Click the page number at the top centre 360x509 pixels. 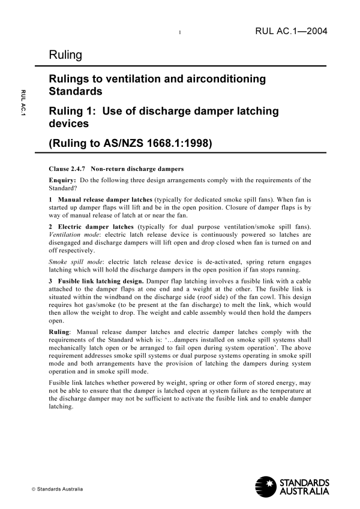pos(181,32)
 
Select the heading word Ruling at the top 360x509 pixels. pos(66,55)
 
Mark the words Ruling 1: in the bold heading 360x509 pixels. pos(72,112)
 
